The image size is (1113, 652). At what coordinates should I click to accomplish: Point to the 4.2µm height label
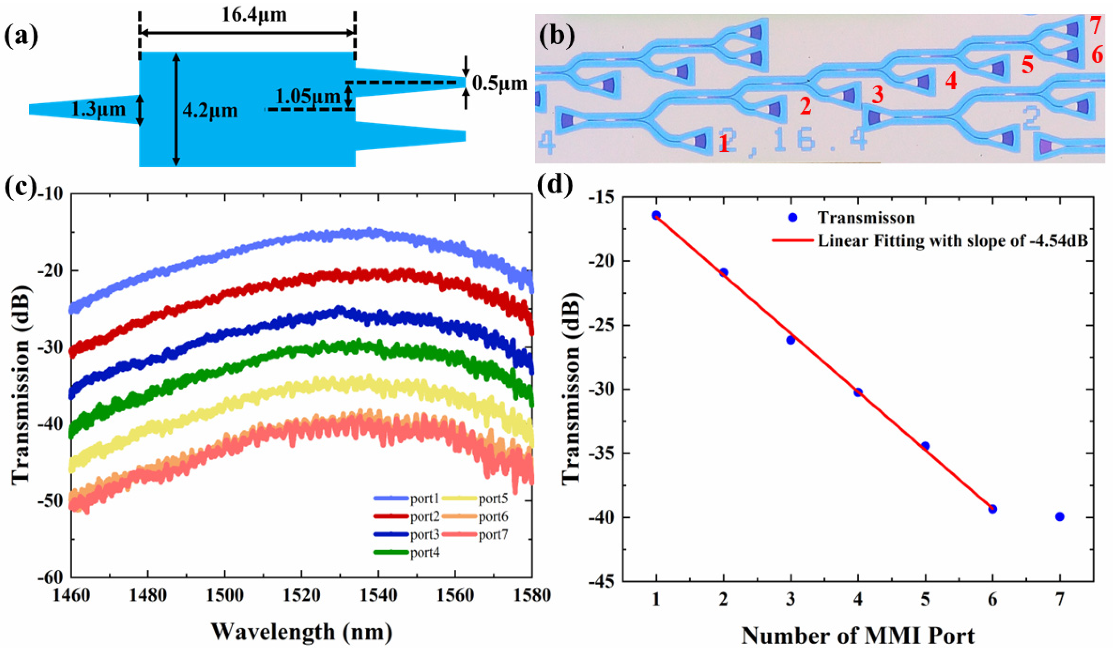[x=210, y=110]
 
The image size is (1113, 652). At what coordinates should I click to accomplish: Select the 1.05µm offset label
[x=308, y=96]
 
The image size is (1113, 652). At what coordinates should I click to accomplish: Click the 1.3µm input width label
[x=98, y=109]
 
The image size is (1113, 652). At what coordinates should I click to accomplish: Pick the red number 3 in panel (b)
[x=877, y=95]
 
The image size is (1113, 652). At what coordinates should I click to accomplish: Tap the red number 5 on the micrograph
[x=1027, y=65]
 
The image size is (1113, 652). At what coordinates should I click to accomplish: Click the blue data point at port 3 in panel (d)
[x=791, y=340]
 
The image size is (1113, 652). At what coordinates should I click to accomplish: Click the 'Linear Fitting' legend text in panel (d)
[x=952, y=241]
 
